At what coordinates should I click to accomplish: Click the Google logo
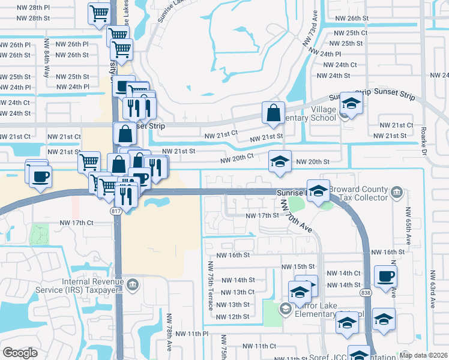pyautogui.click(x=20, y=353)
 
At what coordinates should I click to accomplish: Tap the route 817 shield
pyautogui.click(x=116, y=211)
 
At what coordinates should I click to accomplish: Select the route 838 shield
pyautogui.click(x=366, y=292)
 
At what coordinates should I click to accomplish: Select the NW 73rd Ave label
pyautogui.click(x=310, y=29)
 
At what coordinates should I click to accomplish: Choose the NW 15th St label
pyautogui.click(x=298, y=266)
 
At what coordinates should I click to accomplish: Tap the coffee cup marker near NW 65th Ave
pyautogui.click(x=385, y=276)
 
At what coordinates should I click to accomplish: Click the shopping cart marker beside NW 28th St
pyautogui.click(x=99, y=13)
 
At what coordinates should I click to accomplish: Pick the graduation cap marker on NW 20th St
pyautogui.click(x=280, y=161)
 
